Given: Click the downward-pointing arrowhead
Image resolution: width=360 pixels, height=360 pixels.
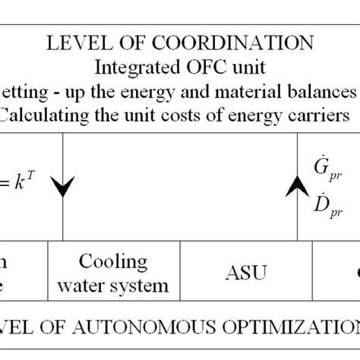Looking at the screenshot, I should [x=64, y=187].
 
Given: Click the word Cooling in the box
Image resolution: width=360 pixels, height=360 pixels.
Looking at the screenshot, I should [x=114, y=262].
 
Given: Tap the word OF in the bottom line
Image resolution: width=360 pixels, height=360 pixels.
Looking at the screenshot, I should [x=58, y=327].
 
